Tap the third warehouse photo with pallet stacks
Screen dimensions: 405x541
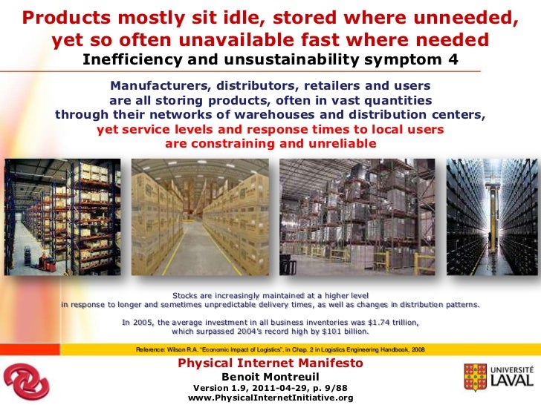click(x=357, y=215)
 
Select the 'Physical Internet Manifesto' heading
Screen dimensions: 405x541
click(x=270, y=363)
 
